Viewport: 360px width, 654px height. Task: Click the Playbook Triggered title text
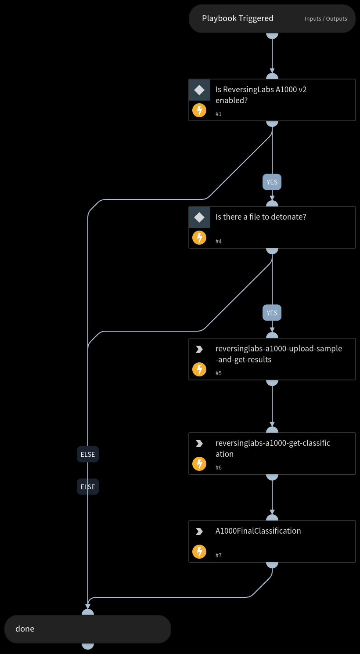238,18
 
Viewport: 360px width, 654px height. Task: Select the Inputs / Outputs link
326,19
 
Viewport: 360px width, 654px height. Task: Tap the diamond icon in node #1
199,90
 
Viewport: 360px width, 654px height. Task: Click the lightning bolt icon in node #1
199,110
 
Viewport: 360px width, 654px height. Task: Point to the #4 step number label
219,242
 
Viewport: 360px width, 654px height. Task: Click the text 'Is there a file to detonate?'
260,217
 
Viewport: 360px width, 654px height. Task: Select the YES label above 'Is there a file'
272,182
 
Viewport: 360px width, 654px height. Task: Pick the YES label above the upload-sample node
272,313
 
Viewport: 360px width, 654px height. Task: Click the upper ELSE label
88,454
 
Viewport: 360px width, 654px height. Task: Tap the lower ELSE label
88,487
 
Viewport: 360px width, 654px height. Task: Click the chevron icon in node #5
199,349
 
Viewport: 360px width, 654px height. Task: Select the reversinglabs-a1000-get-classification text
273,448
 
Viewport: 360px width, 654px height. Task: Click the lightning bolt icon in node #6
199,464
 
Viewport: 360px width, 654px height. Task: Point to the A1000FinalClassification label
258,531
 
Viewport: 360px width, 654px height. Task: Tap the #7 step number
219,556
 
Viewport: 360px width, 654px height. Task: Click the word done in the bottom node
25,629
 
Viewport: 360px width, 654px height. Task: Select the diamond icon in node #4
199,217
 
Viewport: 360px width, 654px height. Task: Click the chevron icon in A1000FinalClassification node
199,531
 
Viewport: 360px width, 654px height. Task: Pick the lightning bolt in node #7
199,552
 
